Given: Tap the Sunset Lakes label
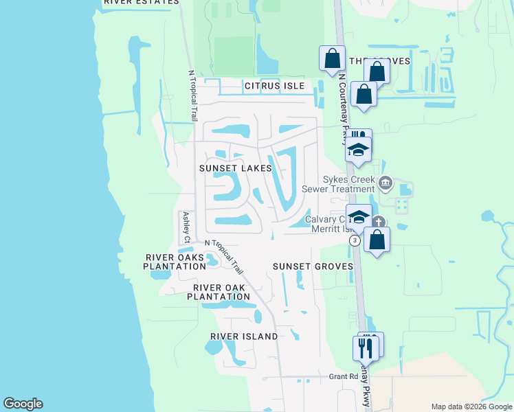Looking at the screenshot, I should click(x=236, y=168).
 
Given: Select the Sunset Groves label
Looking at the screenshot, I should click(x=313, y=266).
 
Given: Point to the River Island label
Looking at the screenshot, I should click(x=245, y=336).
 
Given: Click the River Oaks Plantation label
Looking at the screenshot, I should click(x=175, y=262).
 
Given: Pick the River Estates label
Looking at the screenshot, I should click(x=142, y=2).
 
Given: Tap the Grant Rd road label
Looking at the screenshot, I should click(x=344, y=376).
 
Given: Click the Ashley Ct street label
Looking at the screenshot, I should click(x=186, y=227).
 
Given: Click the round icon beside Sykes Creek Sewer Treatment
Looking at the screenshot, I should click(x=385, y=183).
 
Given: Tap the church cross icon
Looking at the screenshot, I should click(x=379, y=222).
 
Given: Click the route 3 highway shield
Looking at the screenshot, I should click(x=355, y=241).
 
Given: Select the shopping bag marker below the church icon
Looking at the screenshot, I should click(x=377, y=240).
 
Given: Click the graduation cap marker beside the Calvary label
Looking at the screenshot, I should click(x=358, y=217).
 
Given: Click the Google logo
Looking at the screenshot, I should click(x=23, y=404).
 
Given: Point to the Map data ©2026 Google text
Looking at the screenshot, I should click(x=470, y=407).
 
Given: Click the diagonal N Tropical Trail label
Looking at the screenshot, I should click(x=225, y=256).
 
